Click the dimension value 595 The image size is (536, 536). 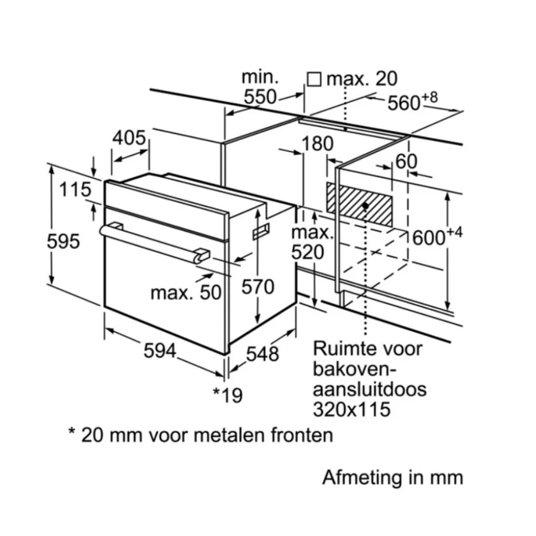(x=64, y=241)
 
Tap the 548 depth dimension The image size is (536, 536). (x=262, y=354)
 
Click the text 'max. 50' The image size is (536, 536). (x=186, y=292)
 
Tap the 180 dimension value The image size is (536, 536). (x=318, y=144)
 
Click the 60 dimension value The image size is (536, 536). (x=407, y=162)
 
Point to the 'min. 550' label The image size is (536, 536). (x=260, y=87)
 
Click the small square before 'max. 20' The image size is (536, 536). (x=314, y=79)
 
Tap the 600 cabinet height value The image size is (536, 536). (x=429, y=238)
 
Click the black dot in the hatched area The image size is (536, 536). (x=365, y=205)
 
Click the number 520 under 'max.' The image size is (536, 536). (x=307, y=252)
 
